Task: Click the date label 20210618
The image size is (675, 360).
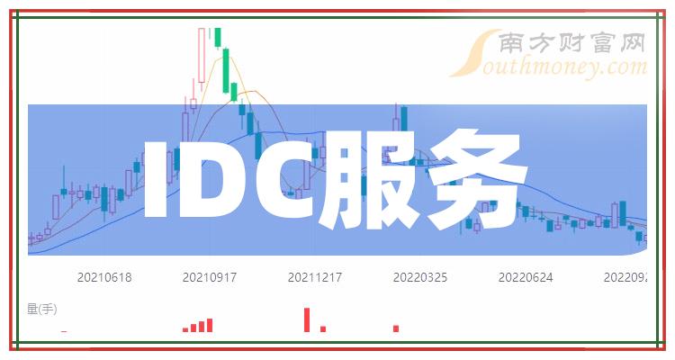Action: pos(104,277)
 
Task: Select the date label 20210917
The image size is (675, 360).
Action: pos(210,277)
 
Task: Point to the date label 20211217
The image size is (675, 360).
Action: pos(315,277)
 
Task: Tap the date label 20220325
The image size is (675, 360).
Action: pos(420,277)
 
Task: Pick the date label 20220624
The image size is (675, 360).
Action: pos(526,277)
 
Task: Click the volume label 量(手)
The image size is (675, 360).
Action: pos(41,309)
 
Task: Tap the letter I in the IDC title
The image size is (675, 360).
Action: pos(156,179)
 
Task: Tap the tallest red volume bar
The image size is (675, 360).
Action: pos(307,320)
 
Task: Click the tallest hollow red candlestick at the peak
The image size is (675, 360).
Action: pos(202,55)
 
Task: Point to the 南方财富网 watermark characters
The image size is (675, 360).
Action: pos(572,43)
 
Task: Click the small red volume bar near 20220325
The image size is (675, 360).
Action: pos(396,328)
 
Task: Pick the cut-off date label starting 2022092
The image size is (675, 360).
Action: pos(625,277)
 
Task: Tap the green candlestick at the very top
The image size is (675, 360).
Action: pos(218,38)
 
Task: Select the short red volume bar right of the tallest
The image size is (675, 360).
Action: pos(323,328)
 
